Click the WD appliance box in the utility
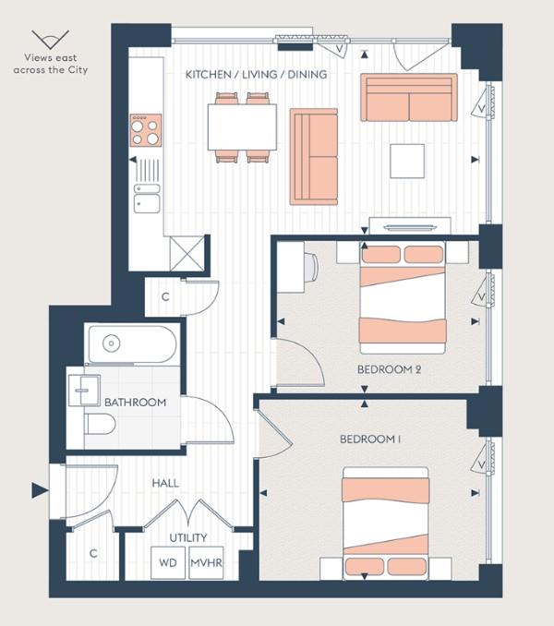tap(168, 562)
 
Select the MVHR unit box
tap(206, 562)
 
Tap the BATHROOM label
tap(136, 403)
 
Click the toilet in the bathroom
tap(100, 424)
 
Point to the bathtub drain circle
tap(112, 343)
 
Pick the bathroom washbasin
tap(84, 390)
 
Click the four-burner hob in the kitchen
tap(146, 130)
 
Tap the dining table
tap(242, 127)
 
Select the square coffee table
tap(407, 161)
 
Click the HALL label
tap(165, 484)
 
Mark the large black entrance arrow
tap(40, 490)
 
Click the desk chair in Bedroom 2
tap(311, 266)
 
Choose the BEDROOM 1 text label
tap(370, 439)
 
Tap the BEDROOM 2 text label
tap(389, 369)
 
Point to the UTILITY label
tap(188, 537)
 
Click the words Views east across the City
tap(50, 64)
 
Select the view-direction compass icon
tap(50, 40)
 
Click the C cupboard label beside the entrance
tap(93, 553)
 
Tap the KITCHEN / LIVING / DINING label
tap(257, 75)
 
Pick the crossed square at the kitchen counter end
tap(187, 254)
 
